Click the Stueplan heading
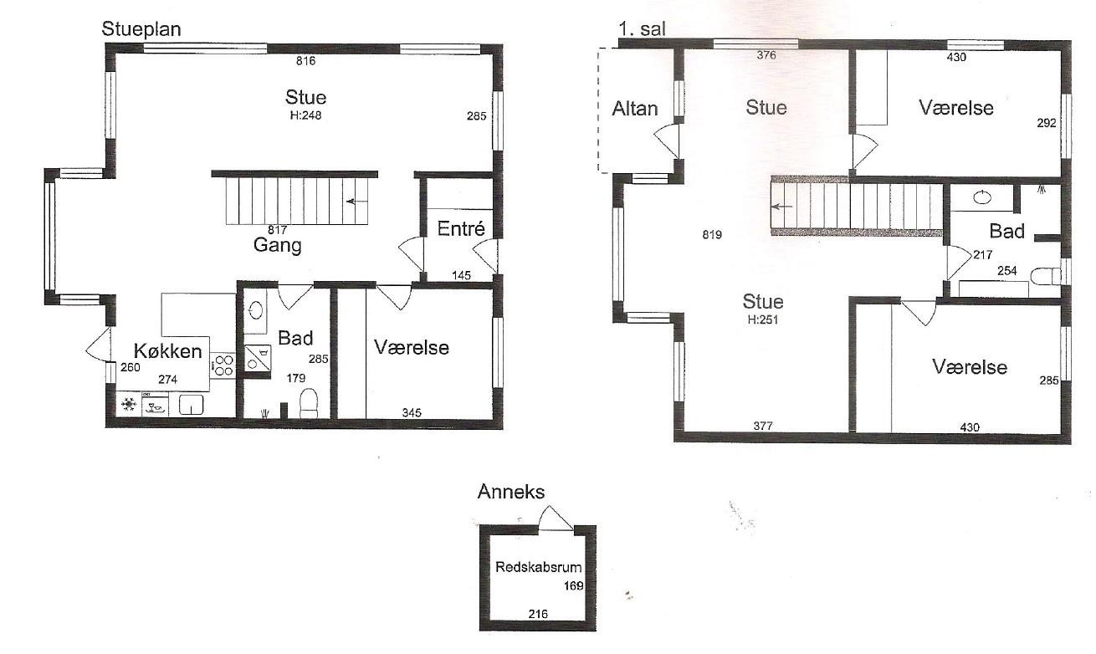pyautogui.click(x=141, y=29)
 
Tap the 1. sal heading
pyautogui.click(x=642, y=29)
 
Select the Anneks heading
pyautogui.click(x=511, y=492)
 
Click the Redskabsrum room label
pyautogui.click(x=538, y=567)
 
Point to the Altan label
pyautogui.click(x=635, y=109)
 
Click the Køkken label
pyautogui.click(x=168, y=350)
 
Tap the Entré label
pyautogui.click(x=461, y=228)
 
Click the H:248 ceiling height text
pyautogui.click(x=306, y=115)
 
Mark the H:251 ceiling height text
pyautogui.click(x=763, y=320)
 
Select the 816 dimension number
pyautogui.click(x=306, y=61)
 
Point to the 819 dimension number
pyautogui.click(x=712, y=235)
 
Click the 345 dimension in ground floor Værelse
pyautogui.click(x=412, y=413)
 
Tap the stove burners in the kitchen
pyautogui.click(x=223, y=365)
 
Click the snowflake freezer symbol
pyautogui.click(x=129, y=405)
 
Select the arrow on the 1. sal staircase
pyautogui.click(x=782, y=207)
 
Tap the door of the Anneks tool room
pyautogui.click(x=556, y=518)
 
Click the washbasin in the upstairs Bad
pyautogui.click(x=982, y=197)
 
